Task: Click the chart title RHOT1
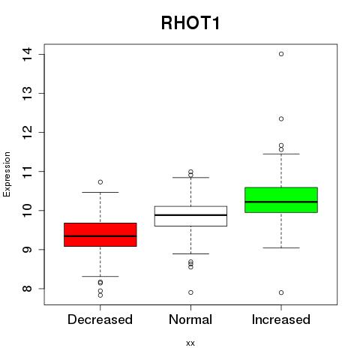click(190, 23)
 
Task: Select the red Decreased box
click(100, 235)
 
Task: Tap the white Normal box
click(190, 216)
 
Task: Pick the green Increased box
click(281, 200)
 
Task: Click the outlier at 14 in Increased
click(281, 54)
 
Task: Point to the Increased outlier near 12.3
click(281, 118)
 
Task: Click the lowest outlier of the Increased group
click(281, 292)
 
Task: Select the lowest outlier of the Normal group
click(190, 292)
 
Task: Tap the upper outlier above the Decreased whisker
click(100, 182)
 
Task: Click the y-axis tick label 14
click(27, 54)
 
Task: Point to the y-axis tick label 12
click(27, 132)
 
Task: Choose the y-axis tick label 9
click(27, 250)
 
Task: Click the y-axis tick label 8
click(27, 289)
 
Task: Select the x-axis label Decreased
click(100, 319)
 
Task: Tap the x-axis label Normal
click(190, 319)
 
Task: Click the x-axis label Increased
click(281, 319)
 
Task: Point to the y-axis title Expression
click(7, 174)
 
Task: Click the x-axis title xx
click(190, 343)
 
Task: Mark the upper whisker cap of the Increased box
click(281, 154)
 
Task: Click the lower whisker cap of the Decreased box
click(100, 276)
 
